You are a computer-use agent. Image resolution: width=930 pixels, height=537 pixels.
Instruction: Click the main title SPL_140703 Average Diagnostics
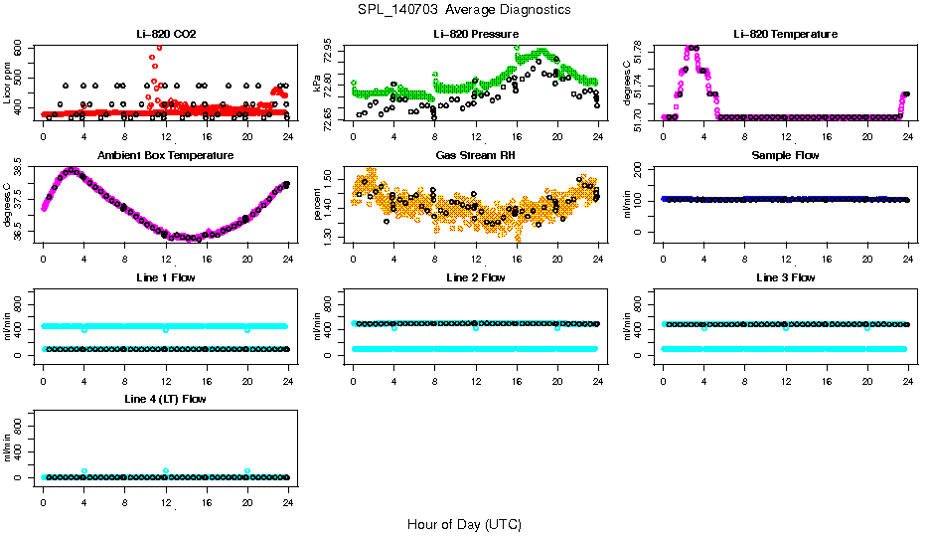(x=465, y=9)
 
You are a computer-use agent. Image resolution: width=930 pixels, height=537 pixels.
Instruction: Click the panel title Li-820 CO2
(x=166, y=34)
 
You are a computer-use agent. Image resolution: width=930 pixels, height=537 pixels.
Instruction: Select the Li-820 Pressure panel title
(x=475, y=34)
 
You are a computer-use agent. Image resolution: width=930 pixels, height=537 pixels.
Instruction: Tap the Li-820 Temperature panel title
(x=785, y=34)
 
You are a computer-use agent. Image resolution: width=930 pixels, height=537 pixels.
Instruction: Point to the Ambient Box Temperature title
(x=166, y=156)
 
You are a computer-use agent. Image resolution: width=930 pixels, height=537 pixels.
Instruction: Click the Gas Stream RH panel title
(x=475, y=156)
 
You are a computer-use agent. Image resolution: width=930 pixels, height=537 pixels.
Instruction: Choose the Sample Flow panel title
(x=785, y=156)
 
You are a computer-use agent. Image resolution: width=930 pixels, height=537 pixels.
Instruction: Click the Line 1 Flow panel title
(x=166, y=277)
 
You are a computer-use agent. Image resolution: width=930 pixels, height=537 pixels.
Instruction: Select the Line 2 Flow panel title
(x=475, y=277)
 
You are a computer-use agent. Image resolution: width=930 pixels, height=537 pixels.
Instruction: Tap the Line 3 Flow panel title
(x=785, y=277)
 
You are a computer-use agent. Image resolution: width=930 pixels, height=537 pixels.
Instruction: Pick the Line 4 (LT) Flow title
(x=166, y=399)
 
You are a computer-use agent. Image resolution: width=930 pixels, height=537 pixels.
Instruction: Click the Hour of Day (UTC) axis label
(x=464, y=523)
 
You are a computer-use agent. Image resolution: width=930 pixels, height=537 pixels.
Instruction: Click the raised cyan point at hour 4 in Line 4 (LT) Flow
(x=84, y=471)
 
